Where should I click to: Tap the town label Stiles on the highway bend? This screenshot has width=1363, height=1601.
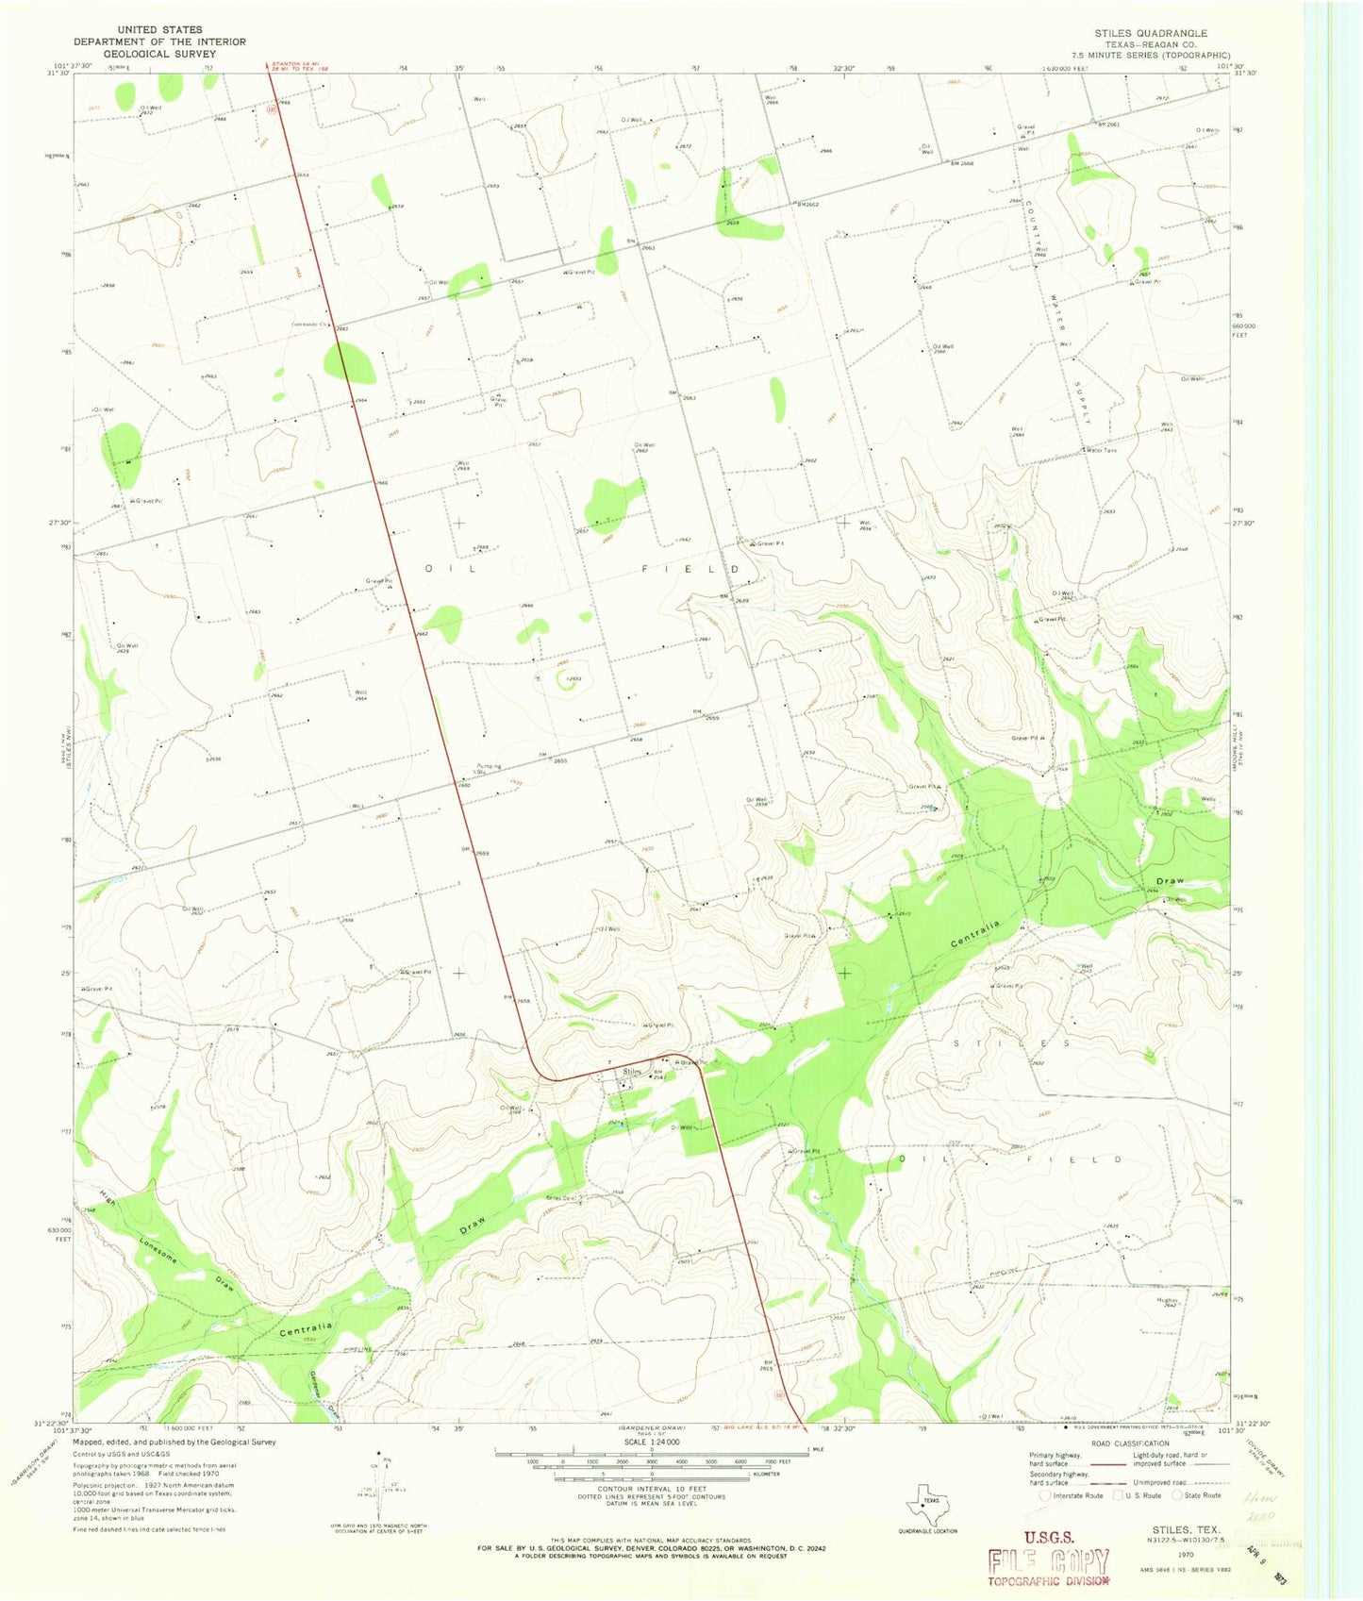632,1072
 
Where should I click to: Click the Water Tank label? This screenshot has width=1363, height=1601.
1101,450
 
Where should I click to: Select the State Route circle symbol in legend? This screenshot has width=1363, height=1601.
1177,1494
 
